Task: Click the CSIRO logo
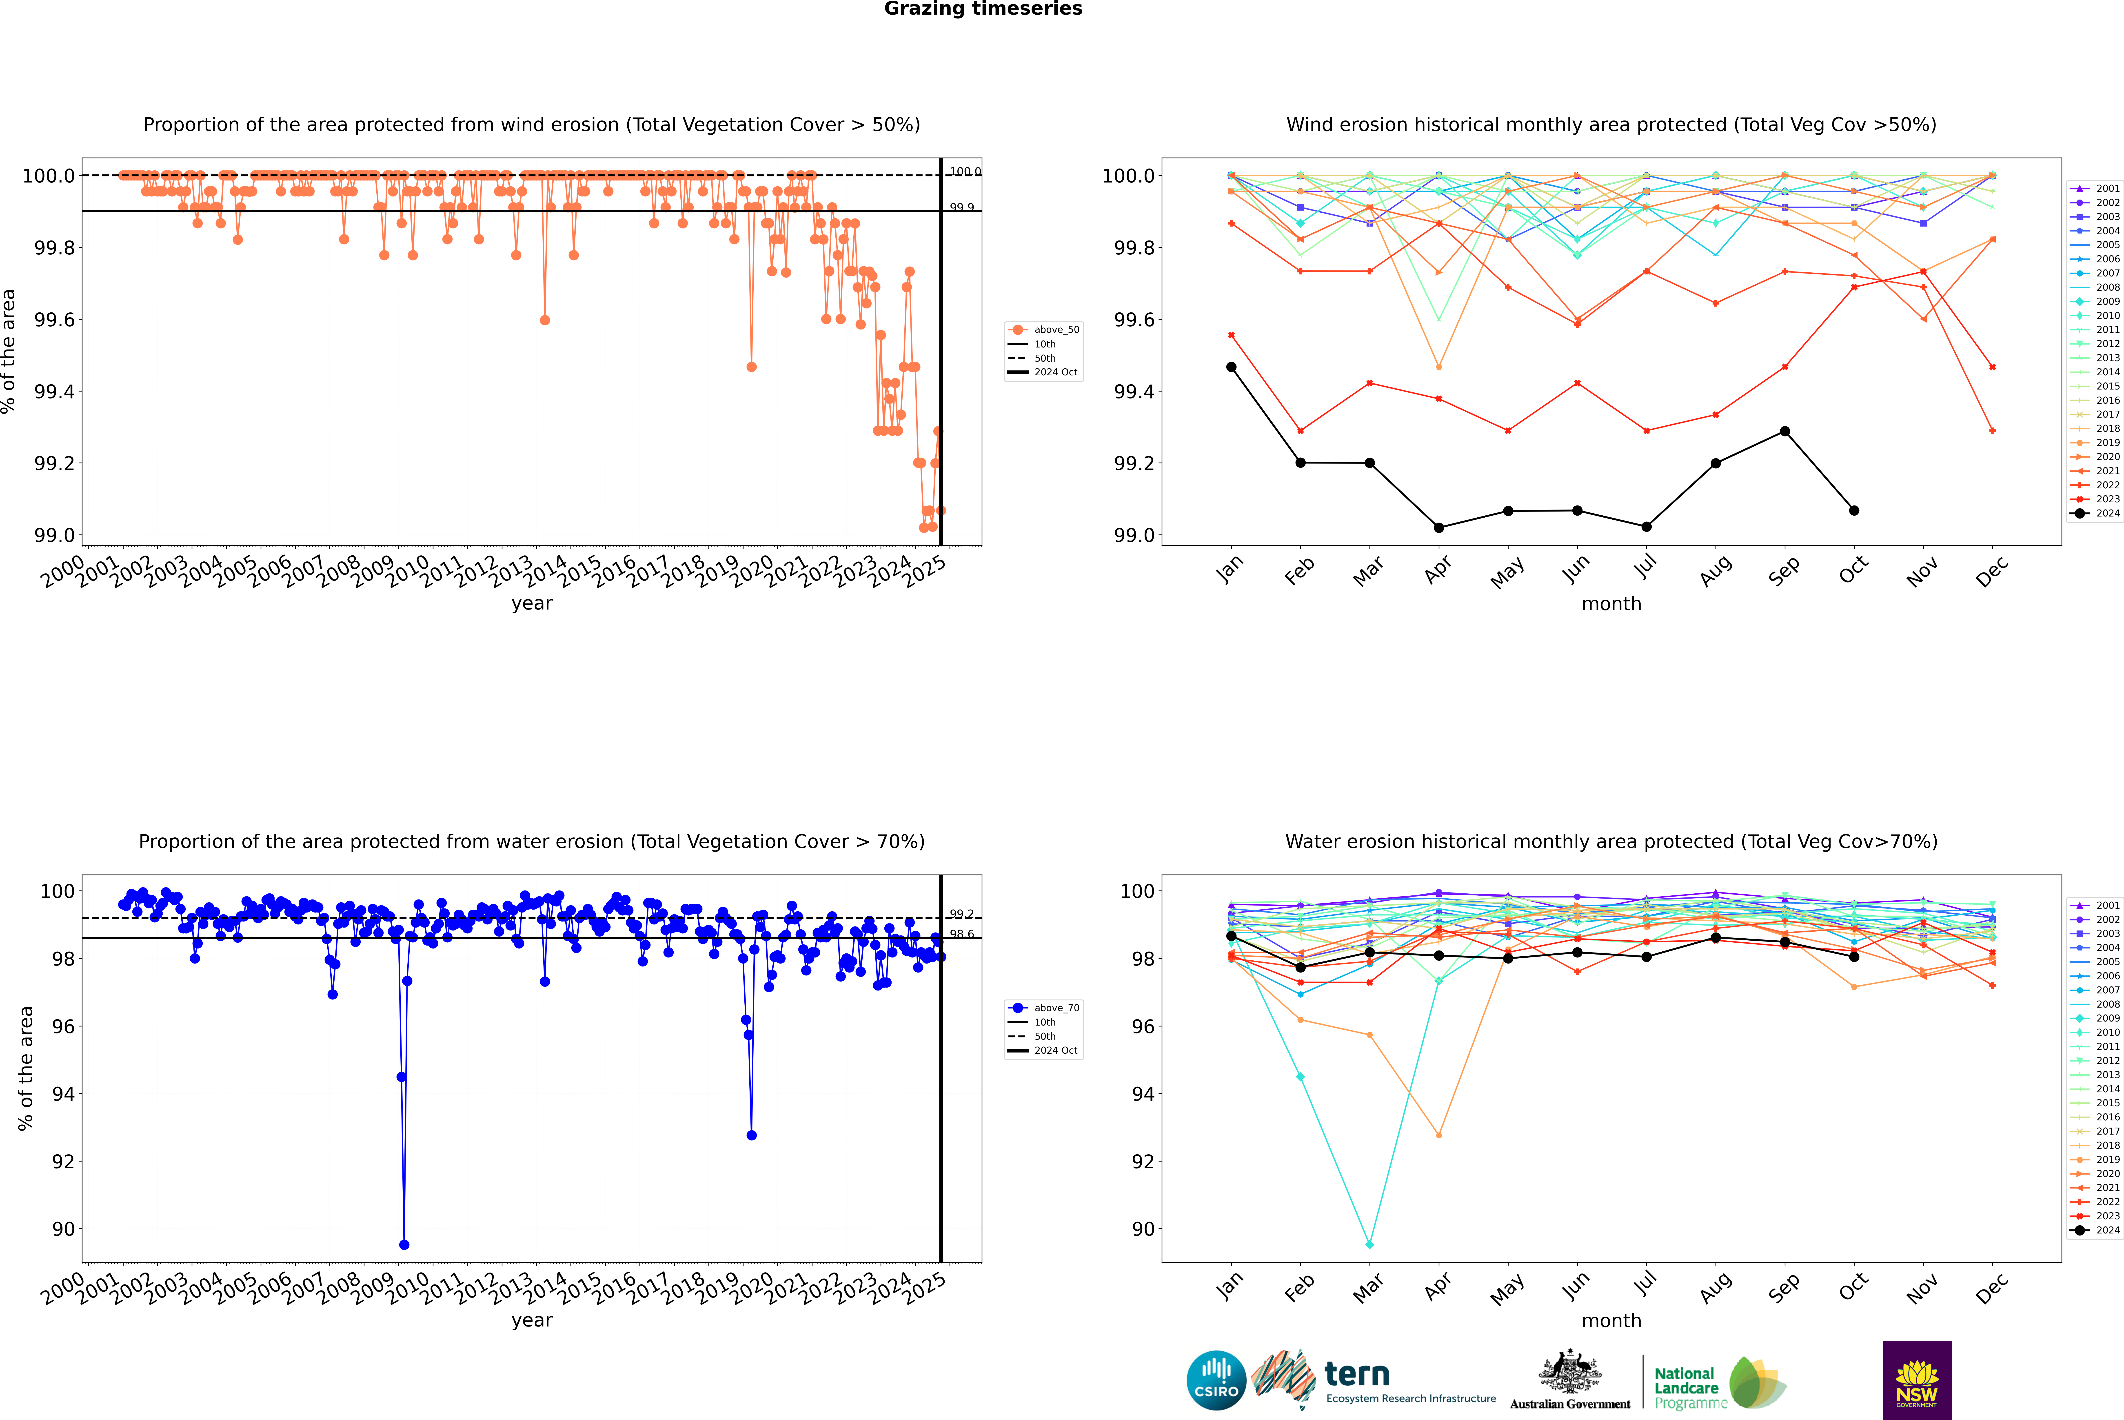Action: click(1216, 1380)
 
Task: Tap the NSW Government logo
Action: click(1917, 1380)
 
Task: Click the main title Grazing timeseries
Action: click(982, 9)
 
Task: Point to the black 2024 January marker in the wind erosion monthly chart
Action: click(1231, 367)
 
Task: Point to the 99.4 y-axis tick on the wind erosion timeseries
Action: click(54, 391)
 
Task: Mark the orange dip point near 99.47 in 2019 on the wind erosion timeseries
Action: click(751, 367)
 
